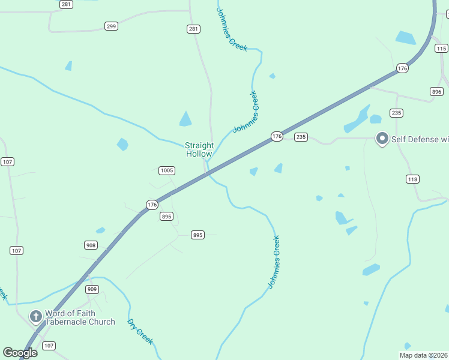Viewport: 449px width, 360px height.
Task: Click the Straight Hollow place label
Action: coord(199,149)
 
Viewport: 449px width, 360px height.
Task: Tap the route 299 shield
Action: coord(111,26)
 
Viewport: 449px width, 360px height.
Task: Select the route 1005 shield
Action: coord(167,171)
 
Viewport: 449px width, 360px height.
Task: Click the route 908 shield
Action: coord(91,245)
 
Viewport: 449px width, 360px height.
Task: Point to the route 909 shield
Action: coord(92,289)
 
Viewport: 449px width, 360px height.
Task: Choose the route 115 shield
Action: coord(441,49)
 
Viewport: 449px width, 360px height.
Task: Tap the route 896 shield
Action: coord(436,91)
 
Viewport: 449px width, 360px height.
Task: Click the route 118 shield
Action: coord(412,179)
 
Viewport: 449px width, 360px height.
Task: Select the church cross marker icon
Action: coord(36,316)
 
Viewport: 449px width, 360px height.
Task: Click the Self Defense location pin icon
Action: coord(381,139)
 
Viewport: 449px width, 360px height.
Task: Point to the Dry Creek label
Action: coord(140,331)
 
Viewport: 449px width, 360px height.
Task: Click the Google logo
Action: coord(20,353)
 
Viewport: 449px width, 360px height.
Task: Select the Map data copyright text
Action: coord(423,355)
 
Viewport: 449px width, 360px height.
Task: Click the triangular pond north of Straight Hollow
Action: coord(185,119)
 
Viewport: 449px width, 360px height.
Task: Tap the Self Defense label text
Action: coord(420,139)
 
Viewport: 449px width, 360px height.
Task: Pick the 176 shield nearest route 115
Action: coord(402,69)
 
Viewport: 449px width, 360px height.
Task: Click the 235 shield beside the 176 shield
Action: coord(301,137)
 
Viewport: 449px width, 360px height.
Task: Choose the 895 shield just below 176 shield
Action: coord(167,217)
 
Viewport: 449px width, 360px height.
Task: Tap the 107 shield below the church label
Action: coord(49,346)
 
